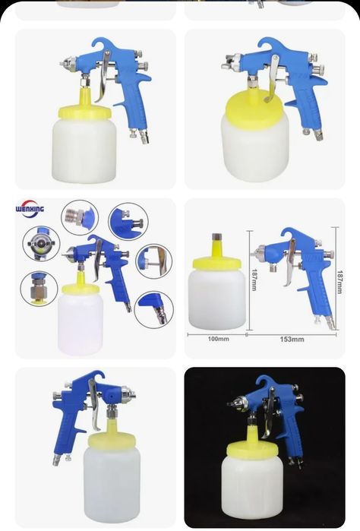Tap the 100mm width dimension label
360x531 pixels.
(218, 339)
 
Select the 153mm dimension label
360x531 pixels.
(292, 339)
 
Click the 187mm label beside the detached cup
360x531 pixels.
(254, 280)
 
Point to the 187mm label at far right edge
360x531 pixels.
(339, 281)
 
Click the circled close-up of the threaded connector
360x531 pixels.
(80, 217)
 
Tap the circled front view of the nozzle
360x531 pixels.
(41, 244)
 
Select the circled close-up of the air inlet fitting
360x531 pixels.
(153, 309)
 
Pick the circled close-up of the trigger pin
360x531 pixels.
(154, 261)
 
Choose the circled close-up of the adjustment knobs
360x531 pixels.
(128, 222)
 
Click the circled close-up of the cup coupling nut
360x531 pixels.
(39, 289)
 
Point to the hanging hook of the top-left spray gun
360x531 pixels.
(100, 44)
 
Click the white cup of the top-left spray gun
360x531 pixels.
(84, 150)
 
